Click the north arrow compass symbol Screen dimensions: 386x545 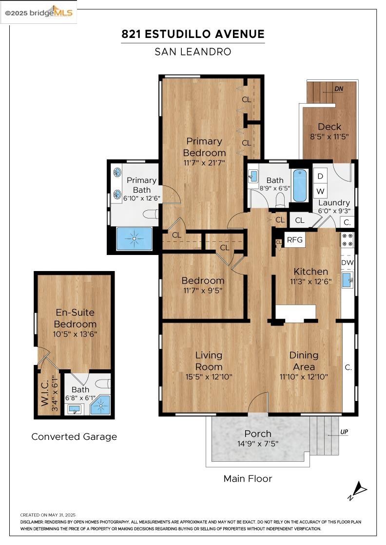pyautogui.click(x=358, y=490)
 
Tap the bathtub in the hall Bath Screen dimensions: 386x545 pyautogui.click(x=299, y=185)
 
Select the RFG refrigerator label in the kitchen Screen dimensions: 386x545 pyautogui.click(x=294, y=240)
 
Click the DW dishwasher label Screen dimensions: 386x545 pyautogui.click(x=347, y=263)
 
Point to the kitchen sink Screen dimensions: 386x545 pyautogui.click(x=347, y=280)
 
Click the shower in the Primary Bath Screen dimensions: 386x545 pyautogui.click(x=135, y=238)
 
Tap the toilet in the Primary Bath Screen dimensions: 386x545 pyautogui.click(x=151, y=214)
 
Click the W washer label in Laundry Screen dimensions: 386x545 pyautogui.click(x=321, y=191)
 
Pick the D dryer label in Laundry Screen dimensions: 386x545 pyautogui.click(x=321, y=176)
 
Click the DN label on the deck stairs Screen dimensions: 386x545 pyautogui.click(x=339, y=89)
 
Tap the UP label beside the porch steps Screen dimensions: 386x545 pyautogui.click(x=344, y=432)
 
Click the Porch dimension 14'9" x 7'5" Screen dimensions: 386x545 pyautogui.click(x=258, y=443)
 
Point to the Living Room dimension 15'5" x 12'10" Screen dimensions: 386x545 pyautogui.click(x=209, y=377)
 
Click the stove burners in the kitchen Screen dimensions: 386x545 pyautogui.click(x=347, y=239)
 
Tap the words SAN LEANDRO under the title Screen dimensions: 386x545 pyautogui.click(x=193, y=52)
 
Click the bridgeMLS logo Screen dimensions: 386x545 pyautogui.click(x=39, y=13)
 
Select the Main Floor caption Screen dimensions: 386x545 pyautogui.click(x=248, y=479)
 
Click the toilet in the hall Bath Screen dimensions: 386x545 pyautogui.click(x=280, y=200)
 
